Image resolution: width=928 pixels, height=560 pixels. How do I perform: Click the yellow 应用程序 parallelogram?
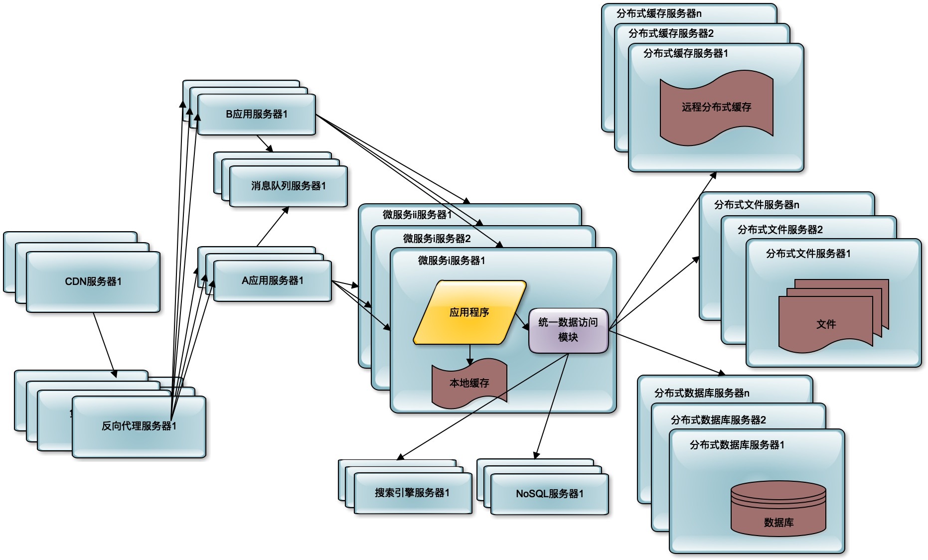[x=469, y=312]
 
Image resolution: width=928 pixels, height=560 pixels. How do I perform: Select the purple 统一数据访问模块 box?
[x=568, y=330]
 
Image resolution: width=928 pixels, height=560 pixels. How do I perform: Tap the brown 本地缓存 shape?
[x=469, y=383]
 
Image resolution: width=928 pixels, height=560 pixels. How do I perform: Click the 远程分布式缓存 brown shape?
[x=716, y=107]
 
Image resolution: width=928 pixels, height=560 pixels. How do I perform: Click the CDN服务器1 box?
[x=93, y=282]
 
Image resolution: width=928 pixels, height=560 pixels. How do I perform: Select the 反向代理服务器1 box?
[x=139, y=426]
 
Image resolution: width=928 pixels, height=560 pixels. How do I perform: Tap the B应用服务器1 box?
[x=257, y=115]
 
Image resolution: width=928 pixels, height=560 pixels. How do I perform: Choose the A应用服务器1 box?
[x=273, y=281]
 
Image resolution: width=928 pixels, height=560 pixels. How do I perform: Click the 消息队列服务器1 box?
[x=288, y=186]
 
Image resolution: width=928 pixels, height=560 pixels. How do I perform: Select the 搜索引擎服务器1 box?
[x=412, y=493]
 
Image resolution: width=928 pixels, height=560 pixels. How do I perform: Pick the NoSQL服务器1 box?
[x=549, y=494]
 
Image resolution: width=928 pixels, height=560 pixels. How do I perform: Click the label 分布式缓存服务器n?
[x=658, y=13]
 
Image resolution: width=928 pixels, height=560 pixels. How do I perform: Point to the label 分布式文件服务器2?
[x=780, y=230]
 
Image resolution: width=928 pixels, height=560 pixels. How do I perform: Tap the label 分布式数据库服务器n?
[x=702, y=393]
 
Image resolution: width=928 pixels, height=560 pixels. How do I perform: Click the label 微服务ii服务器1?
[x=417, y=215]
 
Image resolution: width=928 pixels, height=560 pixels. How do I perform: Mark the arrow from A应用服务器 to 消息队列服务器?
[x=273, y=227]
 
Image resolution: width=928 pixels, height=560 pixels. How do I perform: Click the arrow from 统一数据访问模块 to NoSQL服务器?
[x=552, y=406]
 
